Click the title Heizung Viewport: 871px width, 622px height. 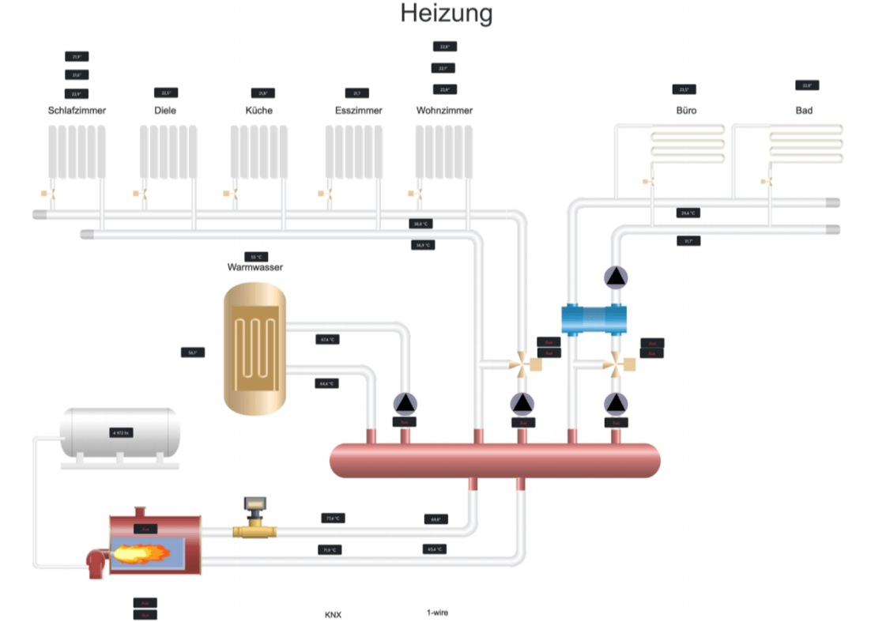446,13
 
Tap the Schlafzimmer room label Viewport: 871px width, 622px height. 77,111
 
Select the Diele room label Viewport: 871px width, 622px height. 165,111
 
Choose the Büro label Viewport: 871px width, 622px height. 686,111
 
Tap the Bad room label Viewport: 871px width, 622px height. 804,111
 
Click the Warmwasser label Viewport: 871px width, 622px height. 255,267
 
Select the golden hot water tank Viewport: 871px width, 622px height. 255,348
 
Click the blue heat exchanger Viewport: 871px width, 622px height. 594,319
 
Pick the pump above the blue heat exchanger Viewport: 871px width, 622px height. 615,277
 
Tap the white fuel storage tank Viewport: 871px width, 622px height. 120,433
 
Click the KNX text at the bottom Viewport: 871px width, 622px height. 333,615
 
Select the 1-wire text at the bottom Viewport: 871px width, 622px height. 438,613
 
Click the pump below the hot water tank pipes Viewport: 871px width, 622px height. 405,403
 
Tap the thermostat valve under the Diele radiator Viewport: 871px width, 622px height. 143,194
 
